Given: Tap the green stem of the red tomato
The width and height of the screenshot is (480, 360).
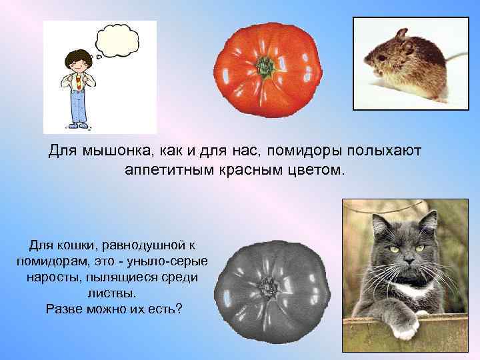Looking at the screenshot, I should (267, 66).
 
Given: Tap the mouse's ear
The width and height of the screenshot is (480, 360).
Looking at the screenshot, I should (401, 35).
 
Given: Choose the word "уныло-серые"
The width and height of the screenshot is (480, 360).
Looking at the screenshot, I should (170, 261).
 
